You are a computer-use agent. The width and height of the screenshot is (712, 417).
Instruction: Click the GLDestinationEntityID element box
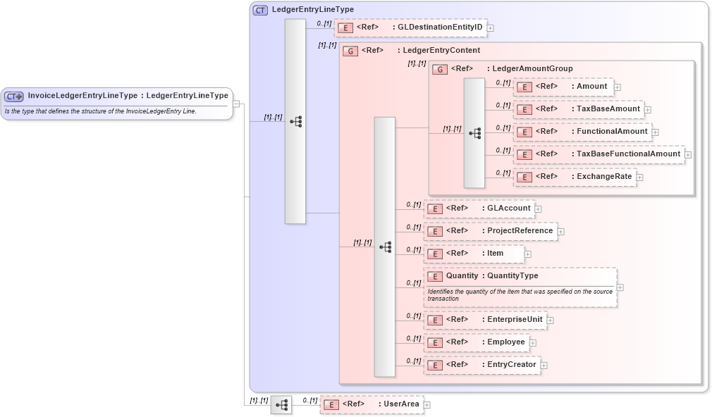pos(410,28)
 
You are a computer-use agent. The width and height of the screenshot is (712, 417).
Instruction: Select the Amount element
pos(563,87)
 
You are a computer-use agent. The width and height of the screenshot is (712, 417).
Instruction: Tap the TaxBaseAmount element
pos(577,109)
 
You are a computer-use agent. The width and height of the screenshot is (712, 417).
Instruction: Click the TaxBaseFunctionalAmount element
pos(599,154)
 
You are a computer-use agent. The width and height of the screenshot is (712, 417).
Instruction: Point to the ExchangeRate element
pos(575,177)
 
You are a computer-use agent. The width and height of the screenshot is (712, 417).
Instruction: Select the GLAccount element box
pos(479,209)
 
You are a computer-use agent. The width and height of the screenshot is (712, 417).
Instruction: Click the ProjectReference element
pos(490,231)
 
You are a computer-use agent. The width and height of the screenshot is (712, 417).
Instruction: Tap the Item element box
pos(474,254)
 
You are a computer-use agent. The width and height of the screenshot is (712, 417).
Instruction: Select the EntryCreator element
pos(482,365)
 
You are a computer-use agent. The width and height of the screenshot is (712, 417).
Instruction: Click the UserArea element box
pos(372,404)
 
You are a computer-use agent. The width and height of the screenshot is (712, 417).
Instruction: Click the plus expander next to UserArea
pos(427,405)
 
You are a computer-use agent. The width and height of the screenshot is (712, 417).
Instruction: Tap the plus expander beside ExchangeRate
pos(640,177)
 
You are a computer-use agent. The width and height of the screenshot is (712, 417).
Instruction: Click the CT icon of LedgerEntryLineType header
pos(260,10)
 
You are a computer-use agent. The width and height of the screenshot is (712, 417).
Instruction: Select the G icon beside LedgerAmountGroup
pos(440,69)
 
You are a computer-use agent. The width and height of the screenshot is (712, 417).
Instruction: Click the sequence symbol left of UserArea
pos(281,405)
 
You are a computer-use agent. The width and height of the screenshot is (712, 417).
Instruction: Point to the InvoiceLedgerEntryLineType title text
pos(82,96)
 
